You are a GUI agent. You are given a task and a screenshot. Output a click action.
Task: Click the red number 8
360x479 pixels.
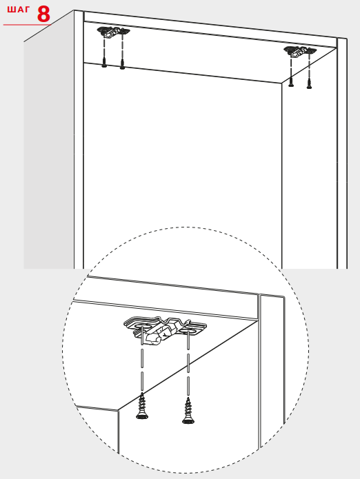43,14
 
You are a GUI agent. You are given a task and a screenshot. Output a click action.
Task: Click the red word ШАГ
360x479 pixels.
19,10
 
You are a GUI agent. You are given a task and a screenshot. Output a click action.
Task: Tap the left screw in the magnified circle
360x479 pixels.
142,406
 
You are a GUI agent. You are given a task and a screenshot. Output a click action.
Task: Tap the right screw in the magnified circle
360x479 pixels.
188,411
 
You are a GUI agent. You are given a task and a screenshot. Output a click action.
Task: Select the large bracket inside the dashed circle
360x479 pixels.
165,330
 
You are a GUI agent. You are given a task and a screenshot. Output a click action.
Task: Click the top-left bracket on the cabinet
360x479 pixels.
113,32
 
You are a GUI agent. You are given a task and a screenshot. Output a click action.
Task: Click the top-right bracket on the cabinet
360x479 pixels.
300,51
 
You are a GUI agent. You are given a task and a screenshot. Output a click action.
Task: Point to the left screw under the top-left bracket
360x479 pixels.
104,62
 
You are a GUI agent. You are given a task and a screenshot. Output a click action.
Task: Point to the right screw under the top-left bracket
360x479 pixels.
122,64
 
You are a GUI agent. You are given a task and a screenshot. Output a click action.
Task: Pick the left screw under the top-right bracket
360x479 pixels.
291,81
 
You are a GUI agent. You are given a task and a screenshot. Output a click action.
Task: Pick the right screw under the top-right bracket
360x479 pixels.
309,83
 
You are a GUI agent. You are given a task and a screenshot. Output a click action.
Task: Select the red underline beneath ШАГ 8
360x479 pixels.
27,25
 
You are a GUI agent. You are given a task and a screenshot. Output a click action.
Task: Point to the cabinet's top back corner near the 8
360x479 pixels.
74,11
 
